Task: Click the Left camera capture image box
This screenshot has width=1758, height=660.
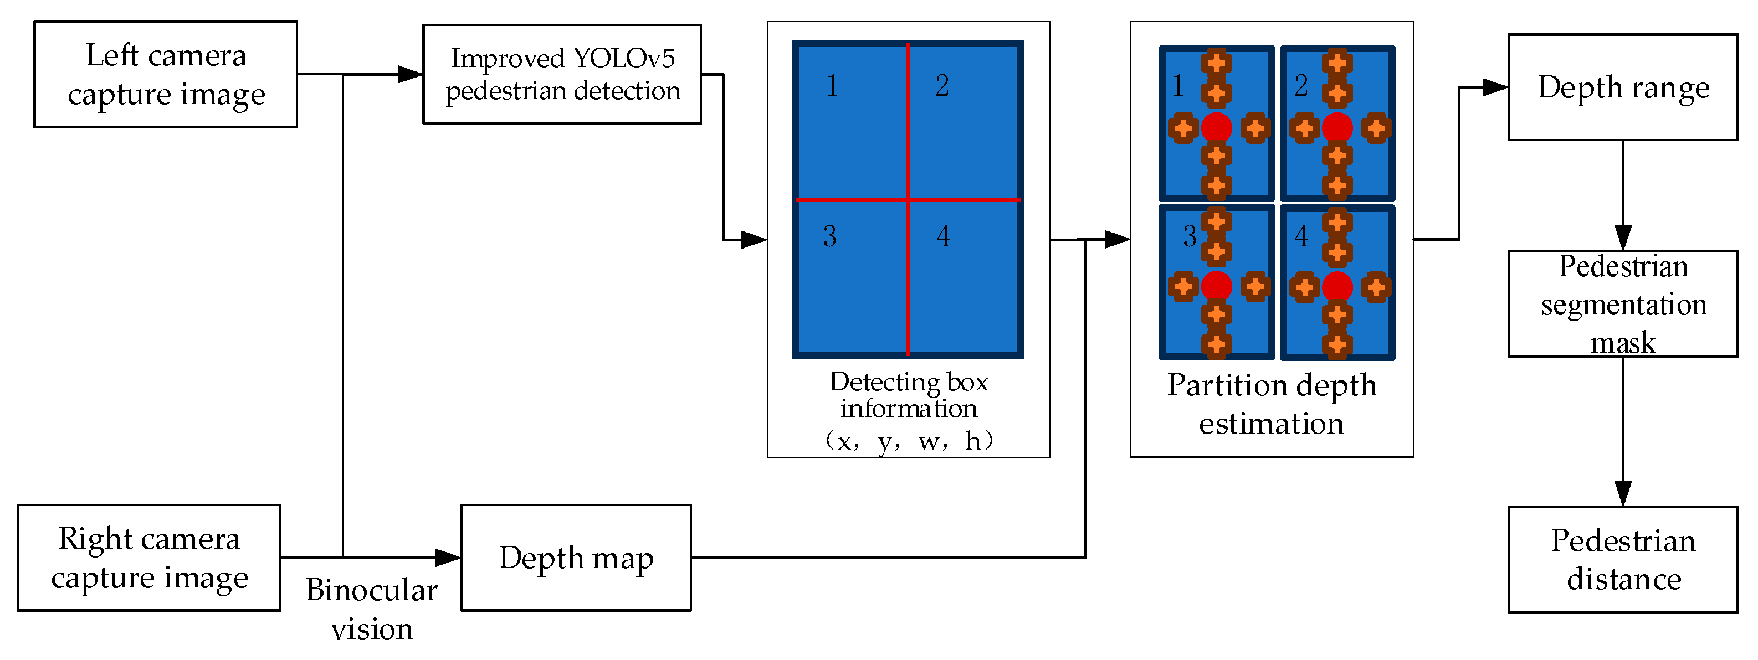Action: (166, 74)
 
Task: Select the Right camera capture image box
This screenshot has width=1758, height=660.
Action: (149, 558)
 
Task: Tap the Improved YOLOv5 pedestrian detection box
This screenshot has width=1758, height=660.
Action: (562, 74)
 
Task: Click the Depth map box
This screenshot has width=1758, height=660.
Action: (576, 558)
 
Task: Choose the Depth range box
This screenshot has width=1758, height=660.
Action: (1623, 87)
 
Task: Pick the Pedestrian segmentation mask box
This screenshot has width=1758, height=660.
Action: (1623, 304)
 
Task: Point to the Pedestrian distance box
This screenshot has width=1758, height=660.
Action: (1623, 560)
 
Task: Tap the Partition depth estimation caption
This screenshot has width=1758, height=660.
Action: (1272, 404)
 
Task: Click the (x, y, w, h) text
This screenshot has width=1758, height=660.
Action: (908, 442)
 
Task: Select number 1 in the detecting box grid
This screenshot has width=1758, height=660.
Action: (832, 86)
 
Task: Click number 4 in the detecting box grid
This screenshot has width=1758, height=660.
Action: (943, 236)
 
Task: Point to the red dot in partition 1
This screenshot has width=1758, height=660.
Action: (1216, 127)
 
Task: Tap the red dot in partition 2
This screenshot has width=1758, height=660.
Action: (1337, 127)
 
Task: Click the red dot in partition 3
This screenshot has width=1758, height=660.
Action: (1216, 286)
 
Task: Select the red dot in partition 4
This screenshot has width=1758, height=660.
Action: (1337, 286)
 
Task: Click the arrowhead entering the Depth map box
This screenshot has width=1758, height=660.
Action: (448, 558)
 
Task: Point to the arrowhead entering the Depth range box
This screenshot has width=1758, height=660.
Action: (1495, 87)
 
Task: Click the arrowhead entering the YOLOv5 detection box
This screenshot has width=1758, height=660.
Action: (410, 74)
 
